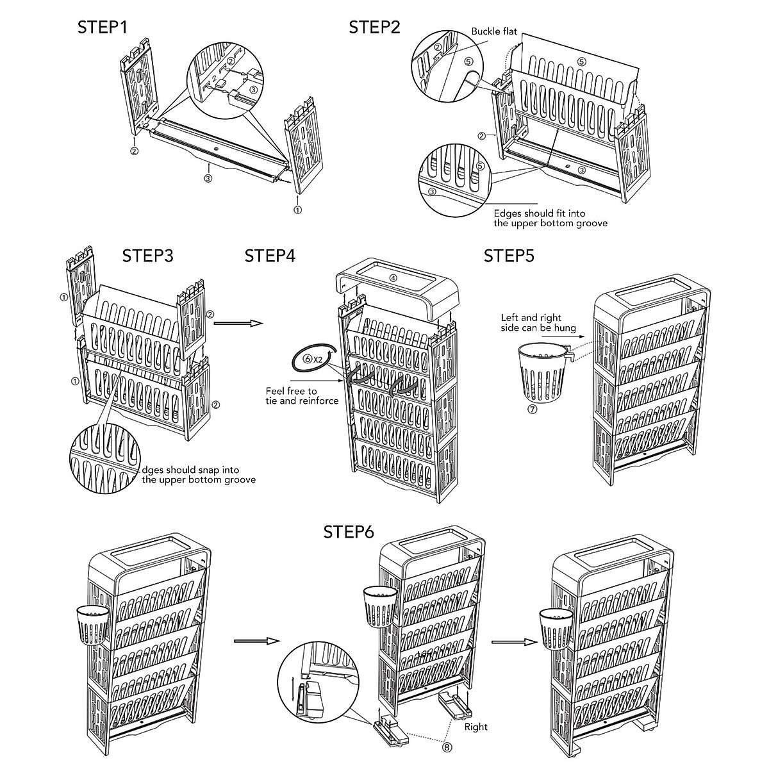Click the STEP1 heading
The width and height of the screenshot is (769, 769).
coord(103,28)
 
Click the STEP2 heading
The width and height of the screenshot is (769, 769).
coord(374,28)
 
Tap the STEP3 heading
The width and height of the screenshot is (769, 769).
coord(147,256)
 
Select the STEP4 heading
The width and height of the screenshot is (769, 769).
coord(270,256)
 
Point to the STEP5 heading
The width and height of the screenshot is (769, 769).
coord(509,256)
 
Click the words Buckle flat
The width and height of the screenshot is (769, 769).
coord(494,31)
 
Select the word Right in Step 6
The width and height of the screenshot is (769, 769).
coord(475,727)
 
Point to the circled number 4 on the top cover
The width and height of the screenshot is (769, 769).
coord(393,278)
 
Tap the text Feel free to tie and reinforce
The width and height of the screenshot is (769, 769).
coord(302,395)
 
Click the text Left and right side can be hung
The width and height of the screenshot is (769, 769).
coord(538,322)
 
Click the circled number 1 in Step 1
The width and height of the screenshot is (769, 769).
coord(298,210)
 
